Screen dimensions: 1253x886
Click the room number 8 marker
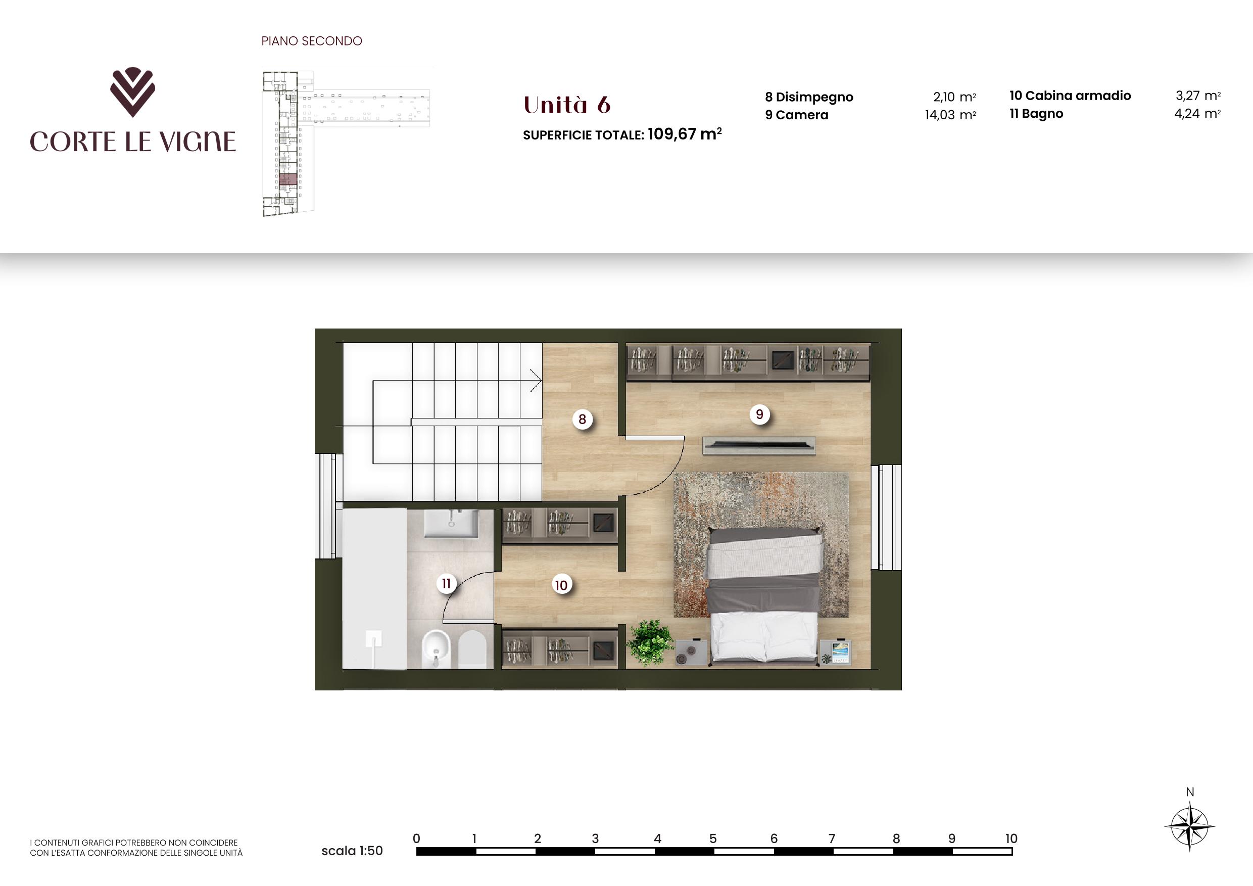(583, 419)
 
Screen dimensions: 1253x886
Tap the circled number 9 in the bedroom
(759, 414)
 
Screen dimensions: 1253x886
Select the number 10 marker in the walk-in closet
(561, 585)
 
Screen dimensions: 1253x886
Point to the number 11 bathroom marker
(447, 584)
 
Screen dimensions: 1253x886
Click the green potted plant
(649, 642)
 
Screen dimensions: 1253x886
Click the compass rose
(1190, 826)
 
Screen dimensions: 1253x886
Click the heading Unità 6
(567, 105)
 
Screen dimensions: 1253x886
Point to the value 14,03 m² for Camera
(950, 115)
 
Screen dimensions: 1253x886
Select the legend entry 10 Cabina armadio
(1070, 96)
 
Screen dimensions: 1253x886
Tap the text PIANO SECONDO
(312, 41)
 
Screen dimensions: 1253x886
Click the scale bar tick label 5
(713, 838)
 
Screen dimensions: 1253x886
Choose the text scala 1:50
(352, 851)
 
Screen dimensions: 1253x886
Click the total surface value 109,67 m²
(684, 134)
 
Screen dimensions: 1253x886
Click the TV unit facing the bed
(759, 445)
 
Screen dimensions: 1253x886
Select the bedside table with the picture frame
(836, 652)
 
